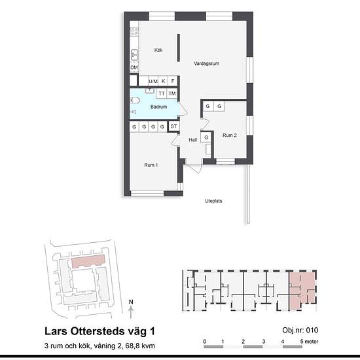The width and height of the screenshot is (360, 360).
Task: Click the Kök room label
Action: pos(158,50)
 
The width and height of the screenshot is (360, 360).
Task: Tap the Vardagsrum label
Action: pos(206,63)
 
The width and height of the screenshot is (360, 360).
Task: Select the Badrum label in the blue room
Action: pos(158,107)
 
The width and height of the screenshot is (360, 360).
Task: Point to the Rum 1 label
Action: pos(151,165)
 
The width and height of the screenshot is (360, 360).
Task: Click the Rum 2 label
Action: pos(230,135)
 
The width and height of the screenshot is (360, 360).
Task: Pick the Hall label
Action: pos(193,140)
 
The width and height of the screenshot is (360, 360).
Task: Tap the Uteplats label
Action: pos(213,201)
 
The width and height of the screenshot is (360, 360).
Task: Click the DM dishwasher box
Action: pos(134,67)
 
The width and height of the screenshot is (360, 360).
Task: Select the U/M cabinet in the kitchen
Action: pos(153,81)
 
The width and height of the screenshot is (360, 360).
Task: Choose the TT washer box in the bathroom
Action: pos(162,94)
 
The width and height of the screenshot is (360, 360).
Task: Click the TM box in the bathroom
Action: pos(172,94)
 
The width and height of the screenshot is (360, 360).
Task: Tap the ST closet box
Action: pos(174,126)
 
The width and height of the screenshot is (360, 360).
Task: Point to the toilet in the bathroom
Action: pos(135,100)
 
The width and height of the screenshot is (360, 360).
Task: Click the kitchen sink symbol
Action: pos(134,54)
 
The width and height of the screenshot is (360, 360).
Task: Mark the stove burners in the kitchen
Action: pos(134,31)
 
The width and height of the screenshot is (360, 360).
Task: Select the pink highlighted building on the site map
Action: pos(88,261)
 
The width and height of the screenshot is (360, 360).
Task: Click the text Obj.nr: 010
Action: pos(300,330)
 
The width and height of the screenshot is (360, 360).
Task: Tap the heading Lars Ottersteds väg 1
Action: pos(99,331)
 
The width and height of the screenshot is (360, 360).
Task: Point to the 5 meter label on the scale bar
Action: pos(309,342)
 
